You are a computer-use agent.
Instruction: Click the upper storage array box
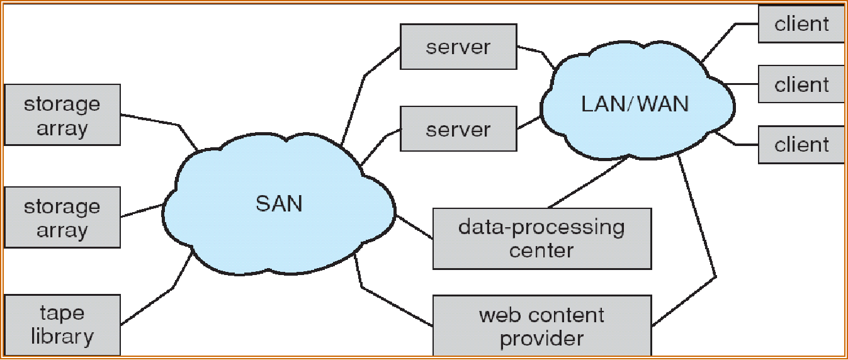point(62,115)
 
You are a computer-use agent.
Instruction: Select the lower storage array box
point(62,217)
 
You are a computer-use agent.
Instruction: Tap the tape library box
point(62,325)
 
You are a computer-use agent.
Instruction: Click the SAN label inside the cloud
point(279,204)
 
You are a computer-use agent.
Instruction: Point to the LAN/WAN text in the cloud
point(635,104)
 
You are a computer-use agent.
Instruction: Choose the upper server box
point(458,47)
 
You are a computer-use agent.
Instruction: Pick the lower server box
point(458,129)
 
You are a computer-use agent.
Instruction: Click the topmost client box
point(801,24)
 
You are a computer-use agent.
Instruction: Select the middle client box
point(801,84)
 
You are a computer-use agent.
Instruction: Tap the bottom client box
point(801,145)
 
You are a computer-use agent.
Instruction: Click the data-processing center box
point(542,239)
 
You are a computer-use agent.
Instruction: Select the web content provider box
point(542,325)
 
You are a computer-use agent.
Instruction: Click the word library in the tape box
point(62,337)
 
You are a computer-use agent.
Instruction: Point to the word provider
point(542,339)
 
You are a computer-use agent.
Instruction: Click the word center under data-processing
point(541,250)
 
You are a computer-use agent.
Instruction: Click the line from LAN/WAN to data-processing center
point(587,182)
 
